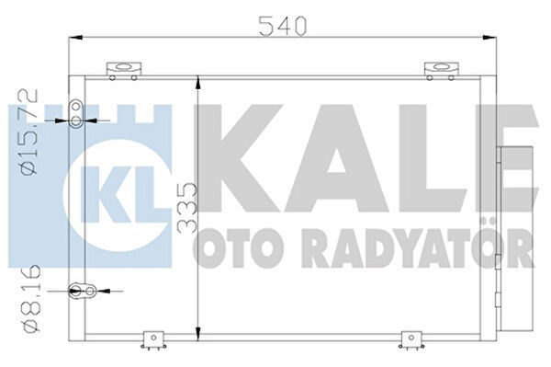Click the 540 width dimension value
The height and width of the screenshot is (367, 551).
coord(283,26)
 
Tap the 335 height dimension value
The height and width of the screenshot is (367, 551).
coord(187,208)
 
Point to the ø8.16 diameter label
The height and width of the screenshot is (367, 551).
coord(31,299)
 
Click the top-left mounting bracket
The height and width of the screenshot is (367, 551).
coord(123,70)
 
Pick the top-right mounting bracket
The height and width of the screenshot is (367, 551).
coord(442,70)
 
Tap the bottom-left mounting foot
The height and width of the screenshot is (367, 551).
coord(153,341)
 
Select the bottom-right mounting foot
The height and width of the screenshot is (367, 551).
coord(411,341)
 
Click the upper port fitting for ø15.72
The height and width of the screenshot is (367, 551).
coord(76,114)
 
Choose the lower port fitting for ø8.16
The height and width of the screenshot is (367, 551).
coord(83,291)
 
